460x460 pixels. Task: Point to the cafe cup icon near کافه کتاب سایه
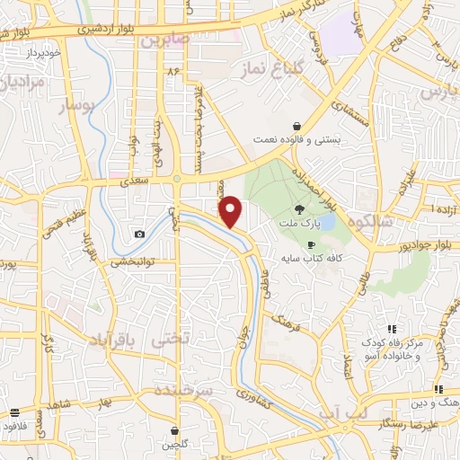[312, 244]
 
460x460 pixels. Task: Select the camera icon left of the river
[139, 234]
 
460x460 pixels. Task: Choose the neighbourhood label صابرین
[164, 40]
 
